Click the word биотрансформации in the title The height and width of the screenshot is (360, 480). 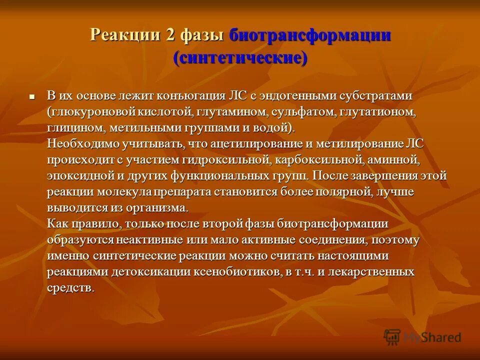click(309, 36)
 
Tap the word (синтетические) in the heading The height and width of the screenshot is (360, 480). click(240, 57)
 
